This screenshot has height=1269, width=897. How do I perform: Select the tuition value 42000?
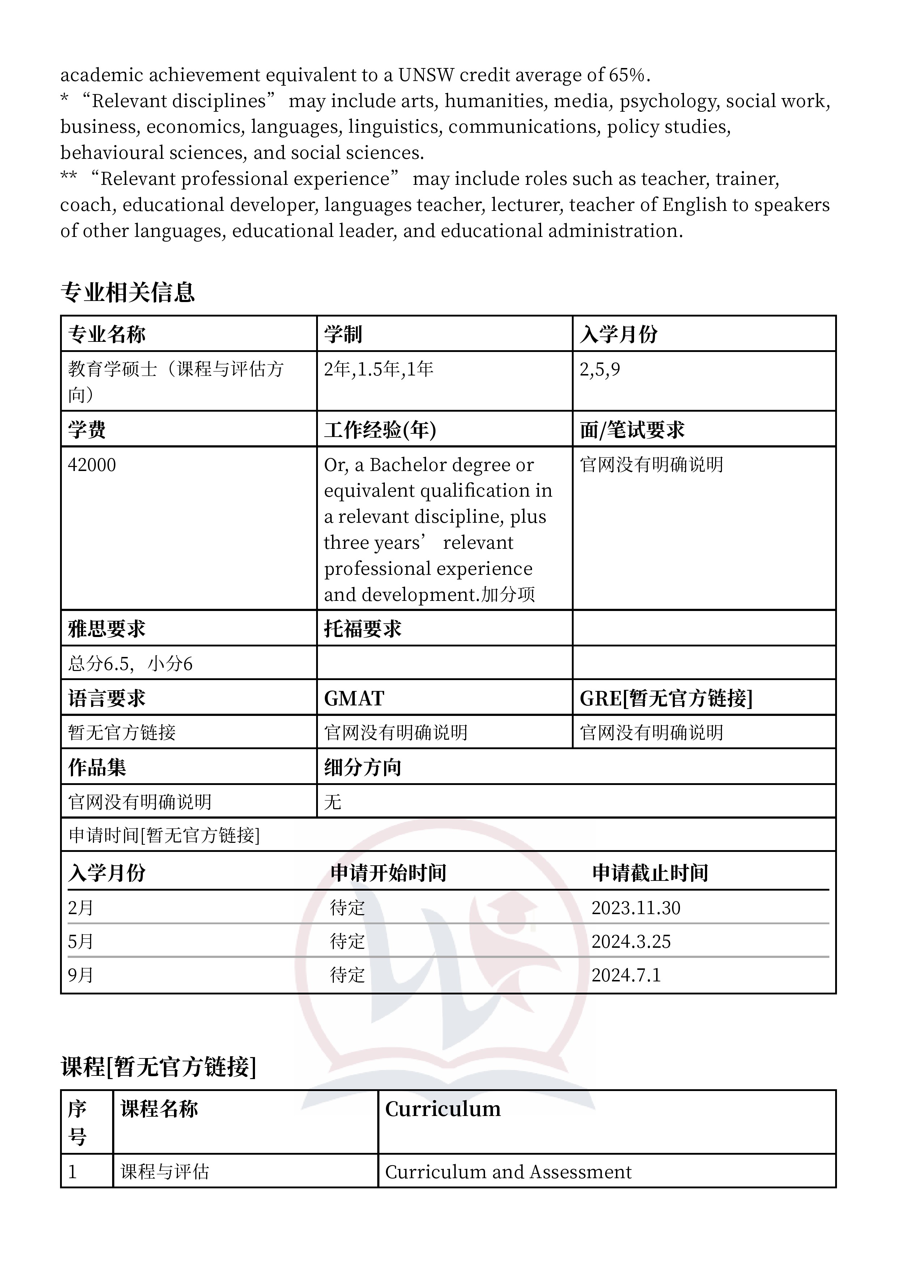coord(92,465)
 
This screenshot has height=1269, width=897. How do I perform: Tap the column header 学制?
coord(343,334)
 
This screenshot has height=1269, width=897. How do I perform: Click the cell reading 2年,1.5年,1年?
coord(379,369)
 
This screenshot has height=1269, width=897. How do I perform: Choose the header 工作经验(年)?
coord(380,430)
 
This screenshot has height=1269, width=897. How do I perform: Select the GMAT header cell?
coord(354,699)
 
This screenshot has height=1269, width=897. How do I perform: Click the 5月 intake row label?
coord(81,942)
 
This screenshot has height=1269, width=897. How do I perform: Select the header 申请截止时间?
coord(650,873)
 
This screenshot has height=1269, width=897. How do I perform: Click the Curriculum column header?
coord(443,1109)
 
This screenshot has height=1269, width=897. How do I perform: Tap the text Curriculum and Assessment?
coord(508,1172)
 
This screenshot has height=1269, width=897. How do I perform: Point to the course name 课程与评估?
coord(165,1172)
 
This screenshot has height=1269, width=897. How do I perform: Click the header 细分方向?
coord(362,768)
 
